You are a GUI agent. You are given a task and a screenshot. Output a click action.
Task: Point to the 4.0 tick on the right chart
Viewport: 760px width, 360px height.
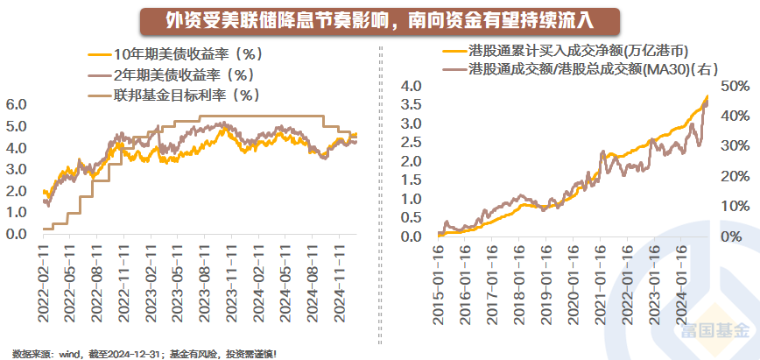tap(411, 86)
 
